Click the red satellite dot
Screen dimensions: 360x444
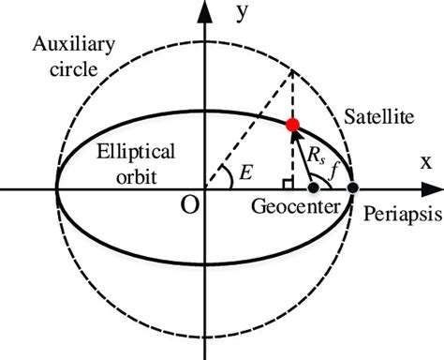point(292,124)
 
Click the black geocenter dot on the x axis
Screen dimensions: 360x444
point(313,188)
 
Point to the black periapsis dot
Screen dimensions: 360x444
point(353,188)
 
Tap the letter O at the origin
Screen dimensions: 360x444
point(189,205)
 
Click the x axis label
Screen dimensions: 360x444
point(425,160)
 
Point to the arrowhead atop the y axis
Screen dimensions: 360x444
point(203,10)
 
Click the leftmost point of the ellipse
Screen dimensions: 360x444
point(57,188)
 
